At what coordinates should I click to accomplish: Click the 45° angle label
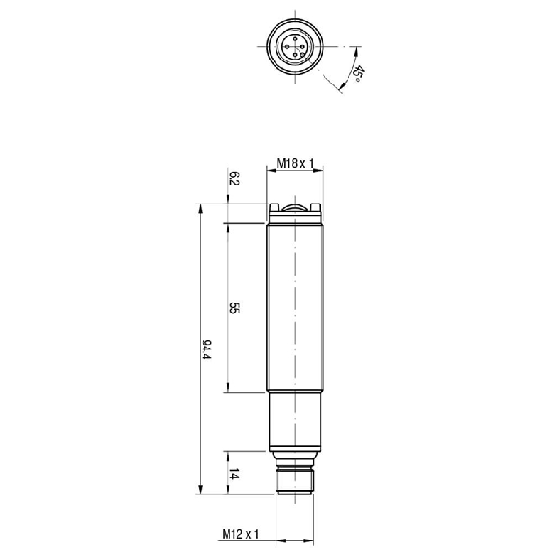coord(358,73)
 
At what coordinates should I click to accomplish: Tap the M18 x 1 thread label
coord(295,163)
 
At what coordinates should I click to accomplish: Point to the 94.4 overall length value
coord(206,349)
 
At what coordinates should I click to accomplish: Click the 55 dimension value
coord(234,308)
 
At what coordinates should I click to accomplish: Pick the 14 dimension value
coord(234,474)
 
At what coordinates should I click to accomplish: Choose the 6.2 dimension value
coord(234,179)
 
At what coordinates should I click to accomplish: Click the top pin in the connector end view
coord(295,38)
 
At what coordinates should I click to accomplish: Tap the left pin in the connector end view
coord(287,46)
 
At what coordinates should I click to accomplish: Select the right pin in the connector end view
coord(302,46)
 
